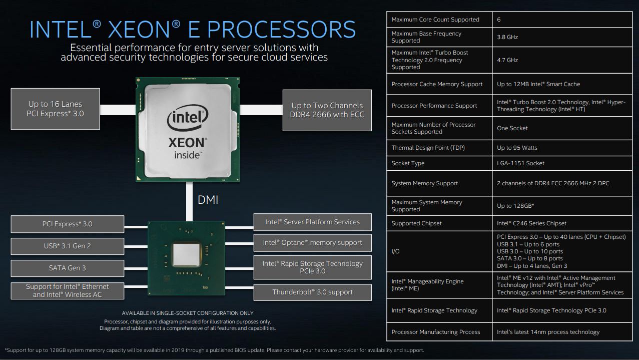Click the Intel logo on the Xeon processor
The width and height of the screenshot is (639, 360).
coord(188,118)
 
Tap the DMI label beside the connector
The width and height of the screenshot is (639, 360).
coord(208,200)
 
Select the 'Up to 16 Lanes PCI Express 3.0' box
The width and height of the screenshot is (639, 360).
coord(56,109)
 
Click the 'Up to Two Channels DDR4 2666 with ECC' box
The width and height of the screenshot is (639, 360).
coord(327,110)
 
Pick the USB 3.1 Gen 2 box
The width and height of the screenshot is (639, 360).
coord(68,246)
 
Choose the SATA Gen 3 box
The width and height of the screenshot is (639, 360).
coord(68,268)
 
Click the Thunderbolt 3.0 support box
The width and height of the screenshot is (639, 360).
coord(312,292)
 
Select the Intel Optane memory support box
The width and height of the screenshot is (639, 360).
coord(312,243)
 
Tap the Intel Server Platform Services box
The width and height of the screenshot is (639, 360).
coord(312,222)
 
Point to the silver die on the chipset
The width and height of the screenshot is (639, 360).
coord(186,255)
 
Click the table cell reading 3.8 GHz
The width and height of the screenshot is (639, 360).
coord(562,37)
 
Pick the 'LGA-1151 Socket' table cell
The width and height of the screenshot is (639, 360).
coord(562,163)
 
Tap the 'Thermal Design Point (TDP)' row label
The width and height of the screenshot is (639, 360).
coord(428,148)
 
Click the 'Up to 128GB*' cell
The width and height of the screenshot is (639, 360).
coord(562,206)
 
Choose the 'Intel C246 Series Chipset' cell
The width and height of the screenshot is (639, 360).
coord(562,223)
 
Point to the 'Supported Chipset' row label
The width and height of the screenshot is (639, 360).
coord(416,223)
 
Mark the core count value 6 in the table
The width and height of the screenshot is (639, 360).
coord(499,20)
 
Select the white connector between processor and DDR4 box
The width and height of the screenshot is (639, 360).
coord(261,110)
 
